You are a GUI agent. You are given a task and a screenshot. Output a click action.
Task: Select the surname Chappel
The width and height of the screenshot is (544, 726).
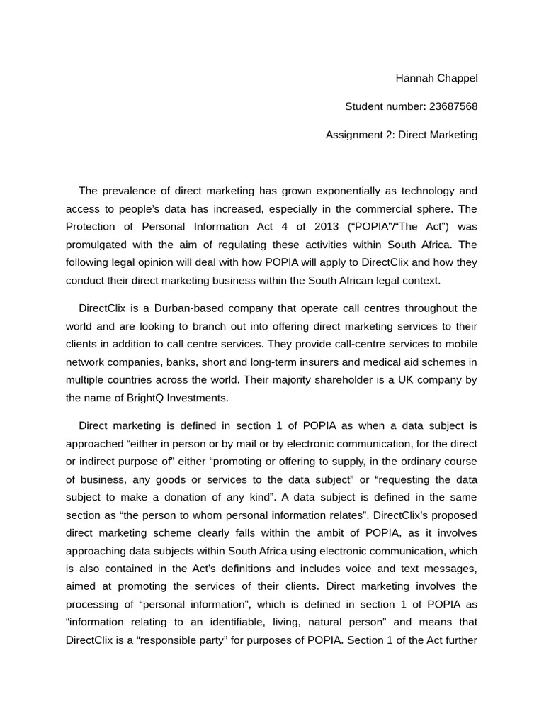[458, 78]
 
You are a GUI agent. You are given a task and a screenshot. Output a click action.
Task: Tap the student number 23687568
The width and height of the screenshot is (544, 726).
[453, 106]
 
